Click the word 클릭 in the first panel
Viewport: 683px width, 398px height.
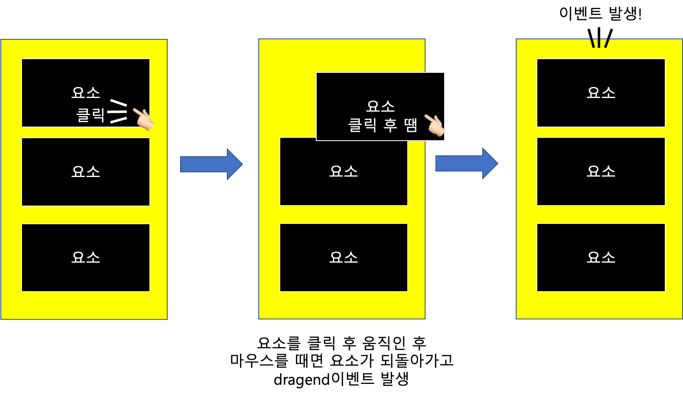(x=91, y=115)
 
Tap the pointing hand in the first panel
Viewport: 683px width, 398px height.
(x=142, y=118)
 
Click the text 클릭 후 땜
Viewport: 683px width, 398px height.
(x=382, y=125)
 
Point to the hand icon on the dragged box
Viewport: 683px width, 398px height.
(x=434, y=125)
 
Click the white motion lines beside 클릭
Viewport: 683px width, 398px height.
(x=118, y=111)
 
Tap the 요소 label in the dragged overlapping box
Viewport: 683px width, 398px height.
(x=380, y=106)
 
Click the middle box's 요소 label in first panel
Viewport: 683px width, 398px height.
(x=86, y=171)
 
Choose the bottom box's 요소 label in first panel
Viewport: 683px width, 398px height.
(x=86, y=257)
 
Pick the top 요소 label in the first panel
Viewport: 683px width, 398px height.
(x=86, y=92)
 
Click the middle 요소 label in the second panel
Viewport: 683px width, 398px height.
(x=344, y=171)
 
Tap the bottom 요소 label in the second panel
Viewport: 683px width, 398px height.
(x=344, y=257)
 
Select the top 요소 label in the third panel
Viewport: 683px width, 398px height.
(x=601, y=92)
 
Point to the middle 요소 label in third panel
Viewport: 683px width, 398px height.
(x=601, y=171)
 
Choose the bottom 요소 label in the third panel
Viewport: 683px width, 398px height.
(x=601, y=257)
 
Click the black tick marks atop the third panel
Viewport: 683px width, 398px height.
(x=600, y=43)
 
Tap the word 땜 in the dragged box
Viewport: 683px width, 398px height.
(x=411, y=125)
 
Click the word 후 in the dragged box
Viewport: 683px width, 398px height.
(x=390, y=125)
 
